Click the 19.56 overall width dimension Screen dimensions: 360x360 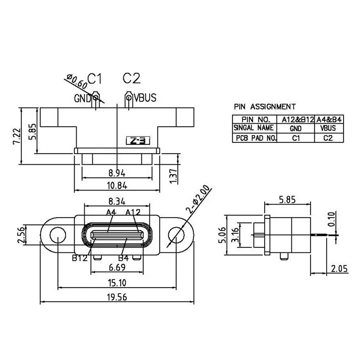(x=117, y=297)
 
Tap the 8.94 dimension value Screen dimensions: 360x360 (x=117, y=173)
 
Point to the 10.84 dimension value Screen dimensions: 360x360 (x=117, y=185)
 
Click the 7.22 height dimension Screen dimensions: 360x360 (x=16, y=136)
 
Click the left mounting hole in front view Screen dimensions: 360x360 (x=57, y=234)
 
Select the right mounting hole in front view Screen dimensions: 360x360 (x=176, y=234)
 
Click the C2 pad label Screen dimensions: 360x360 (x=131, y=78)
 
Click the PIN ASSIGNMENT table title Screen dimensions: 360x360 (x=265, y=107)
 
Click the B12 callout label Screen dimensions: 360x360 (x=80, y=258)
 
